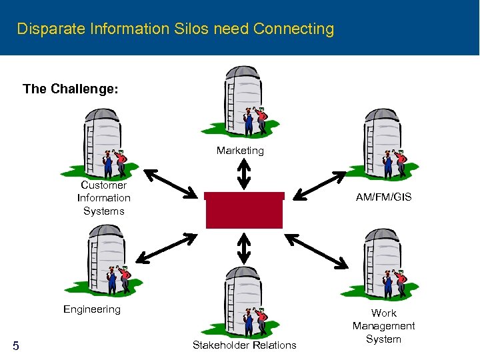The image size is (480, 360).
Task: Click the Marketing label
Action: coord(240,151)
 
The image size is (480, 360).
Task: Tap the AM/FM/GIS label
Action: coord(383,197)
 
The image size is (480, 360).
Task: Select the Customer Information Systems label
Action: coord(104,198)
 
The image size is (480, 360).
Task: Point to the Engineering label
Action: coord(92,309)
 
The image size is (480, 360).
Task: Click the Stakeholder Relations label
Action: coord(244,345)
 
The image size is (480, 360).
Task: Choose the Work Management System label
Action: coord(383,326)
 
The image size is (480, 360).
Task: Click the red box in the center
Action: coord(244,211)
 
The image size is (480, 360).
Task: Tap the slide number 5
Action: coord(16,345)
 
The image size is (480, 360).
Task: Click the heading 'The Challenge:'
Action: coord(70,89)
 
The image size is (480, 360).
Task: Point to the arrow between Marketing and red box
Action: coord(244,175)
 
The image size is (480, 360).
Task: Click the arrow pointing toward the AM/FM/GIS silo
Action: coord(320,185)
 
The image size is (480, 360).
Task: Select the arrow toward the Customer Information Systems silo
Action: coord(171,183)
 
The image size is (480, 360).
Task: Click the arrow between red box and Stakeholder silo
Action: coord(244,249)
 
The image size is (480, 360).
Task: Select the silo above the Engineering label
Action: coord(97,257)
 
